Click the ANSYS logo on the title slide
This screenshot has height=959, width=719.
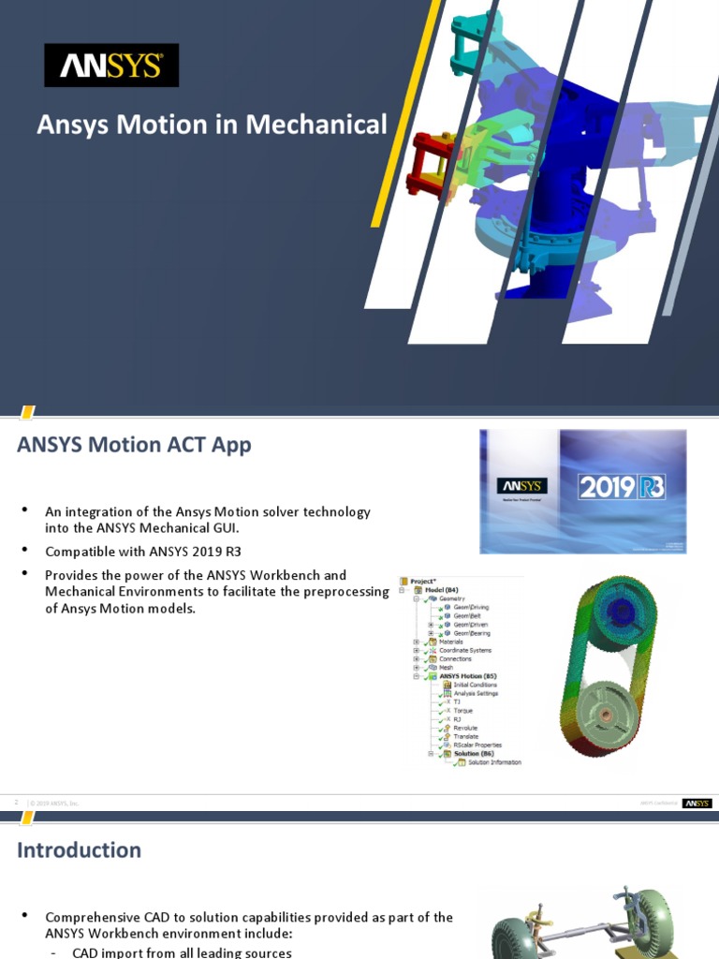click(x=111, y=66)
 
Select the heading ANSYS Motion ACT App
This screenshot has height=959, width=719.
click(x=134, y=445)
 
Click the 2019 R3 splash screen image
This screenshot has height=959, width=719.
click(x=582, y=491)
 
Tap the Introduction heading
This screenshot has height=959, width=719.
click(x=80, y=850)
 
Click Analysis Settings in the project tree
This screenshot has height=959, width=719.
click(x=476, y=693)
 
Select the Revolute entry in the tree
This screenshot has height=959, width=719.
click(x=465, y=728)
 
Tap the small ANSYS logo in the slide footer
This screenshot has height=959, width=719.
click(x=697, y=803)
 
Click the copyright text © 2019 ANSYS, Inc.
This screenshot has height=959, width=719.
click(x=55, y=804)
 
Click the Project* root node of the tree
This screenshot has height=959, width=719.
click(x=424, y=581)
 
